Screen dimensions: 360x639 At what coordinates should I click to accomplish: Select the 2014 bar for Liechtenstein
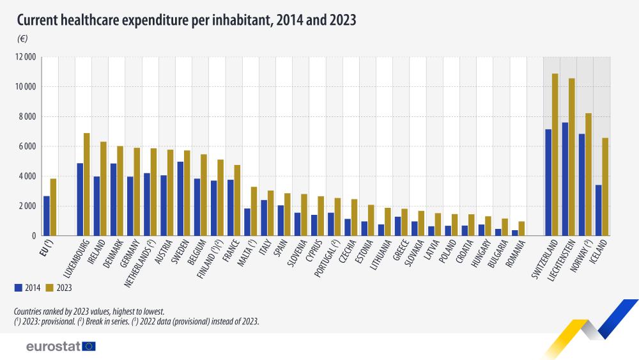click(x=565, y=179)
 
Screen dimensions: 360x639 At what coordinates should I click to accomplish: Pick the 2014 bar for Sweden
click(x=180, y=199)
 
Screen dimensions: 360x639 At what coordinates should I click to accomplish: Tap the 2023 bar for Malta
click(x=254, y=211)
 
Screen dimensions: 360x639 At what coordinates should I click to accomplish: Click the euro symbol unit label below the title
click(x=22, y=39)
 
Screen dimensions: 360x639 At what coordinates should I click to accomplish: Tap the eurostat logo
click(x=61, y=346)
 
